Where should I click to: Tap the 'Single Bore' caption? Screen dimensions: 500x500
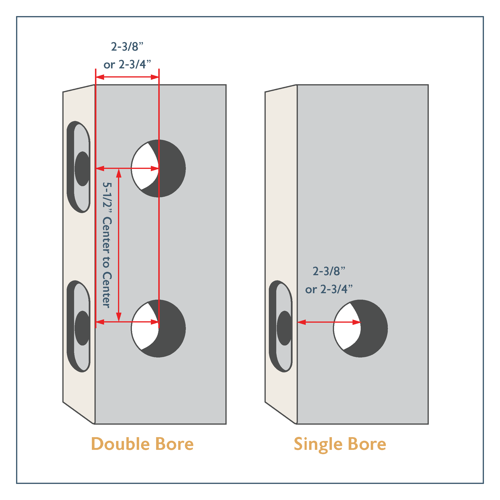pos(340,444)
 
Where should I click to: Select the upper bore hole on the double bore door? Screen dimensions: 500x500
pos(158,169)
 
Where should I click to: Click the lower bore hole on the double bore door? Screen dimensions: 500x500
pos(158,329)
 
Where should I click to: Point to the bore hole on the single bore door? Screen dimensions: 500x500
pos(360,329)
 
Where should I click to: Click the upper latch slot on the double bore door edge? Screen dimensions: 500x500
pos(79,167)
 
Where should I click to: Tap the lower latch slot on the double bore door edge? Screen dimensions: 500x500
pos(79,326)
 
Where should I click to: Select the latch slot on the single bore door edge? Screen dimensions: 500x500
pos(281,326)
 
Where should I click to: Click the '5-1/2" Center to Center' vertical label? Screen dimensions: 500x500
pos(107,245)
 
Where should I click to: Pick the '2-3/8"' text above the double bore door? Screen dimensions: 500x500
pos(127,47)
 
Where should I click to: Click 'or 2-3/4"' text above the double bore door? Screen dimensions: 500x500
pos(127,64)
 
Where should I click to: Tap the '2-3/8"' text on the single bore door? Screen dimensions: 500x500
pos(329,271)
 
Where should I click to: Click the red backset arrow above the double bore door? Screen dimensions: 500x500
pos(127,77)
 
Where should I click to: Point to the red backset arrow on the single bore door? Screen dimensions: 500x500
pos(329,322)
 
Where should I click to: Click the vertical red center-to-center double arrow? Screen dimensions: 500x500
pos(119,245)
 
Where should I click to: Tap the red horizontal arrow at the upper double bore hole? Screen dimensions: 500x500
pos(127,169)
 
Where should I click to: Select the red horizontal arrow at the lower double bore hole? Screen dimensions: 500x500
pos(127,322)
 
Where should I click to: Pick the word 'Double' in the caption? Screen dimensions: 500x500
pos(121,444)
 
